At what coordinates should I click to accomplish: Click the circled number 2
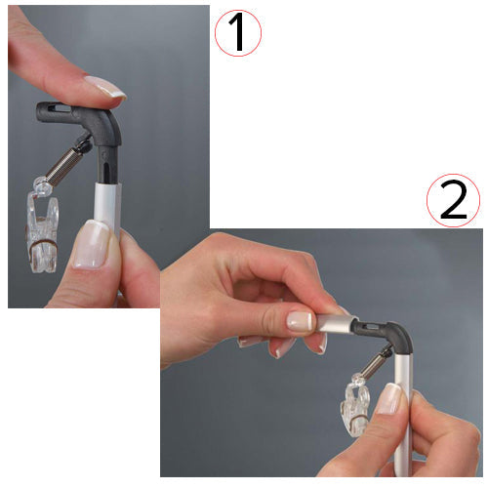[453, 202]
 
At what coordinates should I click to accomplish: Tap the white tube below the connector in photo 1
[106, 205]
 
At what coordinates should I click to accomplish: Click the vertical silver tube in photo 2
[402, 420]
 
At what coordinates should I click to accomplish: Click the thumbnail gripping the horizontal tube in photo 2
[301, 320]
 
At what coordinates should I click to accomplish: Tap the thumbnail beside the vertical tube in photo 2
[390, 397]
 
